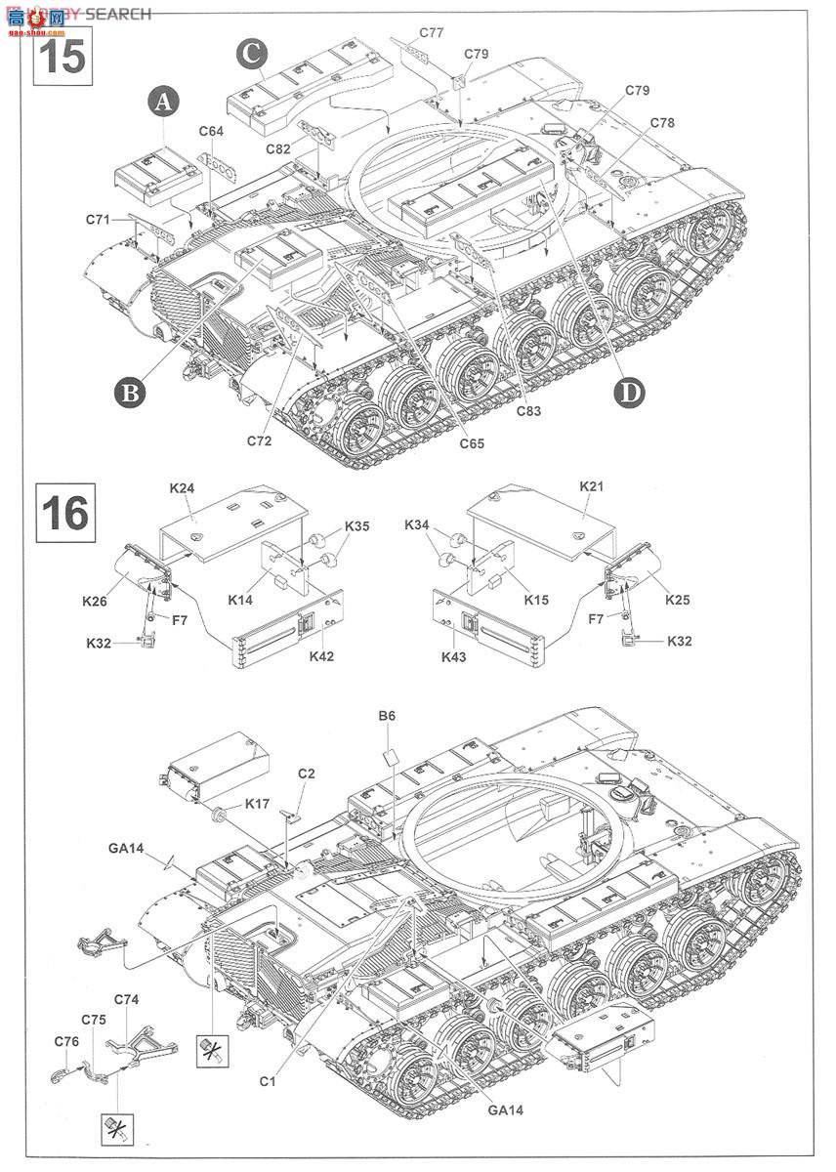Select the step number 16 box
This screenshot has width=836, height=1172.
coord(64,512)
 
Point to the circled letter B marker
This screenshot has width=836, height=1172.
coord(130,392)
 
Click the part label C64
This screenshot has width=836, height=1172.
coord(211,131)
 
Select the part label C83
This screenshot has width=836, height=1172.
coord(529,411)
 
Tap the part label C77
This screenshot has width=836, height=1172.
coord(432,32)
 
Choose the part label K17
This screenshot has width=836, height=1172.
coord(258,803)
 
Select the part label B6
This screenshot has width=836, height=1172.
coord(387,716)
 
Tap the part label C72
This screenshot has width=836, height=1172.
coord(260,440)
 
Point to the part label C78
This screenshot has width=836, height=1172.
coord(661,123)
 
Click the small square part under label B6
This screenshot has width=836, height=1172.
coord(389,757)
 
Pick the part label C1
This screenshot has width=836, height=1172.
coord(270,1080)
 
